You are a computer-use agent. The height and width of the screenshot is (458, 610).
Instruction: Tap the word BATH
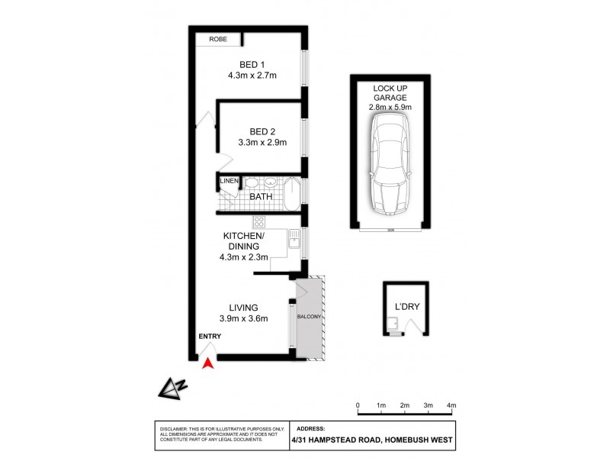(x=261, y=197)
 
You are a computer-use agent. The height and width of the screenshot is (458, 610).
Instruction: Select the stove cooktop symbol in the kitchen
(x=258, y=222)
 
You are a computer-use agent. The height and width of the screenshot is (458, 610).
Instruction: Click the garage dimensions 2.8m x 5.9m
(x=390, y=108)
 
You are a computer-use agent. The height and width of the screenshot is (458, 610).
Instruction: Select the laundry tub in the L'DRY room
(x=392, y=326)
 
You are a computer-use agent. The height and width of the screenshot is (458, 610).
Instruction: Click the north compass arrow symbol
(x=172, y=389)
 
